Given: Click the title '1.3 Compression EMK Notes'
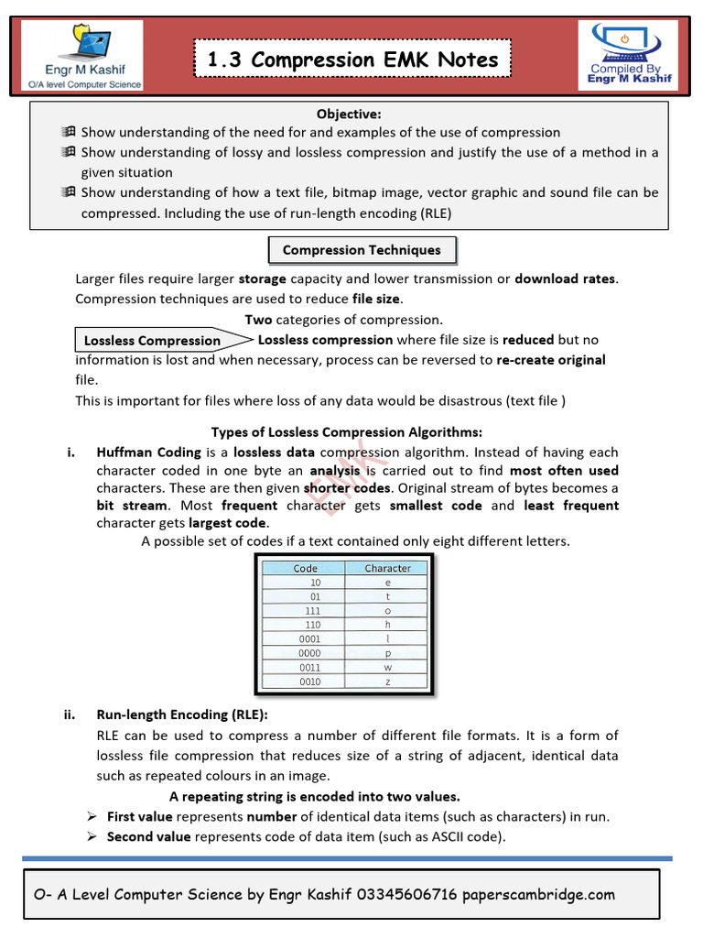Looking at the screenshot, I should coord(352,61).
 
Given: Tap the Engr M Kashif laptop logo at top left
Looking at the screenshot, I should coord(81,56).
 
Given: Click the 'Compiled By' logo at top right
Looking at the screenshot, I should coord(630,54).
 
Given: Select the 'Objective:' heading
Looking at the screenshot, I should coord(349,114).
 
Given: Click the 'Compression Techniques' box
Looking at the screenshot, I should coord(362,250).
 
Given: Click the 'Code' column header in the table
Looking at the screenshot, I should coord(306,568).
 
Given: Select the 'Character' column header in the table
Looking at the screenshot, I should coord(387,568).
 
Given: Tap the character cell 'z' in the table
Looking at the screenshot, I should coord(387,682).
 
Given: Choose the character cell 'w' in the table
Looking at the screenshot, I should coord(387,667).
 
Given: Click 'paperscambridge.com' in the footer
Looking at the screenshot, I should coord(539,895).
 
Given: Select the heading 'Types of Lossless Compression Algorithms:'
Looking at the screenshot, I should coord(346,432).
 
